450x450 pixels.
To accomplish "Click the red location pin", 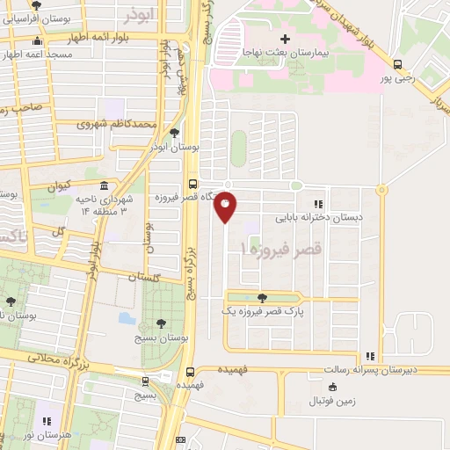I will [x=226, y=207].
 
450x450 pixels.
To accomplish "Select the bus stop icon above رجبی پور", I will [x=398, y=64].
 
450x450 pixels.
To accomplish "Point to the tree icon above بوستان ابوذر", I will [x=174, y=134].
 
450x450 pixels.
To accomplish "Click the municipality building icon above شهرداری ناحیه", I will [x=105, y=187].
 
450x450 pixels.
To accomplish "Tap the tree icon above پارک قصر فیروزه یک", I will [x=262, y=299].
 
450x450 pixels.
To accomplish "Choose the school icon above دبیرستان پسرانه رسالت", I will [x=370, y=357].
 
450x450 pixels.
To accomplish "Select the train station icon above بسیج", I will [x=145, y=381].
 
